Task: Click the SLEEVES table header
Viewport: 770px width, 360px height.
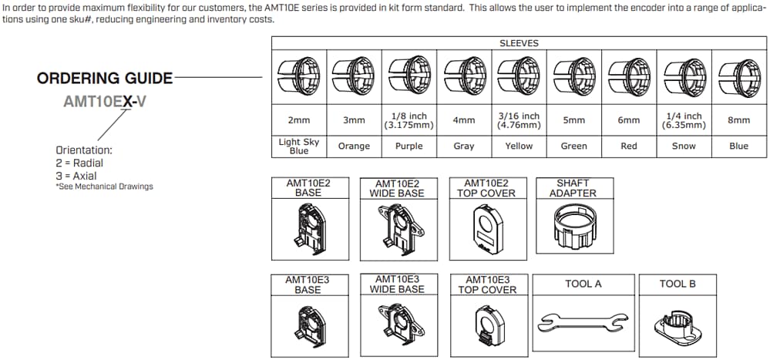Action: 519,43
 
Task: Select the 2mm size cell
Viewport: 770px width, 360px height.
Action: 299,120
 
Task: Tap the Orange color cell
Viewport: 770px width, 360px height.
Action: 354,146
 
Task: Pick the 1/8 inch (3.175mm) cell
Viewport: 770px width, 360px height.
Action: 409,120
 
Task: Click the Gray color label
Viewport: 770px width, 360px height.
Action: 464,146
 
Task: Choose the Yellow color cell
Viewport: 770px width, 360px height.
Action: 519,146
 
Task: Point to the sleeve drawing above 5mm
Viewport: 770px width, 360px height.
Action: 573,77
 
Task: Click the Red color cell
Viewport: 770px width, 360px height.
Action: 629,146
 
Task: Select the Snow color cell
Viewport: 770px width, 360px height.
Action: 684,146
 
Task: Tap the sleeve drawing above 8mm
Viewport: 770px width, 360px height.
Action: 738,77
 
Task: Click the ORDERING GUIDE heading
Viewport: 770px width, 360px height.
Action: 105,79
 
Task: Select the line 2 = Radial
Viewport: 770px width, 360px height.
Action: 79,163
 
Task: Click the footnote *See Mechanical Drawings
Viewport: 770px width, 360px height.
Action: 104,187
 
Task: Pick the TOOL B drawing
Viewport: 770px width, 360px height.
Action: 677,325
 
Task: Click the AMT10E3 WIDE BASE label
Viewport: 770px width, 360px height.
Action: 397,284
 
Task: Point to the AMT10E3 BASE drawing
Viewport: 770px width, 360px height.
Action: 308,324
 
